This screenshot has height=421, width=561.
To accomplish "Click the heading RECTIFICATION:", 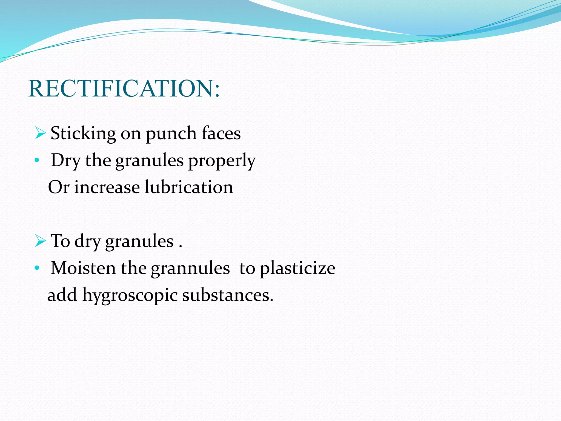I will click(x=124, y=89).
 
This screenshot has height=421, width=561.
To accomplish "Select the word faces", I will click(x=221, y=133).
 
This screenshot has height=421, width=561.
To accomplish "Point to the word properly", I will click(x=222, y=161).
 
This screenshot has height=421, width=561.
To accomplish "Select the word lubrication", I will click(x=189, y=187).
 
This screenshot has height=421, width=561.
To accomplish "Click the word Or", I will click(x=58, y=187).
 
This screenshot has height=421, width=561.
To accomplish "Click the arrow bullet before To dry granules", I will click(x=40, y=241).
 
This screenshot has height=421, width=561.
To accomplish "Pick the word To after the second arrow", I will click(x=60, y=241).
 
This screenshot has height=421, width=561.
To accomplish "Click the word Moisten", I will click(x=83, y=268).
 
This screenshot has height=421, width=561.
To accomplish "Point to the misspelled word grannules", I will click(x=190, y=268).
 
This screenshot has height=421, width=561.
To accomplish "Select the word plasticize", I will click(x=297, y=268).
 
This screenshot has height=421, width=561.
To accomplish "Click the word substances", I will click(x=228, y=295).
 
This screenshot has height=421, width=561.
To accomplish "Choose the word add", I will click(x=62, y=295).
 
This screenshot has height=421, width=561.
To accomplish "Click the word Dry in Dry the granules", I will click(x=66, y=161).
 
